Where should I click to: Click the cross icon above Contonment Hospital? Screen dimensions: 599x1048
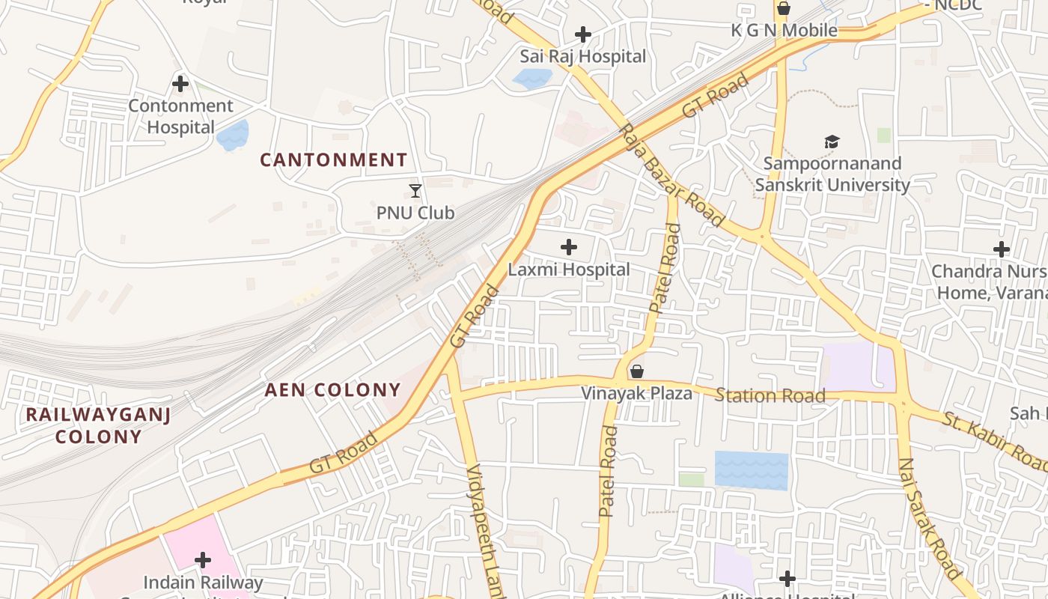(180, 84)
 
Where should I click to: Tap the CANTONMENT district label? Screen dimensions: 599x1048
(333, 159)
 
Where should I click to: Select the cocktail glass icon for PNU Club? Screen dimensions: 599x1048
(415, 191)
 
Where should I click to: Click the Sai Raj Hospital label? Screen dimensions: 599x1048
(582, 56)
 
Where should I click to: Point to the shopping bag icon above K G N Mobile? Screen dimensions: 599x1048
(783, 9)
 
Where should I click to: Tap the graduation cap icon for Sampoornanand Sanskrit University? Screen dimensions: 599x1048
(832, 142)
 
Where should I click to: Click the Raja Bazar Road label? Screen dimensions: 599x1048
(671, 175)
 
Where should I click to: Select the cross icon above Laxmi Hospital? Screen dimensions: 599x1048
(569, 247)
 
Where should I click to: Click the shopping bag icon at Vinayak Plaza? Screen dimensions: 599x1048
(637, 371)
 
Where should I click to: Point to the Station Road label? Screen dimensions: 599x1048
(770, 395)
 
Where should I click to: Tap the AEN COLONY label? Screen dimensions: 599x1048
(333, 390)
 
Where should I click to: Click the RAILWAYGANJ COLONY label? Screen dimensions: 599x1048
(98, 425)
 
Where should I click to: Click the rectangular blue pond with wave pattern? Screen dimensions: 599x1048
(751, 470)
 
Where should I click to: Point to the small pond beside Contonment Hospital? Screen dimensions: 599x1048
(232, 136)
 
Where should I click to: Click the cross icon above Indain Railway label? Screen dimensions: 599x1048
(202, 560)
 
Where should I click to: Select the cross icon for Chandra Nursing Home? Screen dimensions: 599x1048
(1001, 249)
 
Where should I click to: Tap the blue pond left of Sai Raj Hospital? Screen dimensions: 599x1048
(532, 78)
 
